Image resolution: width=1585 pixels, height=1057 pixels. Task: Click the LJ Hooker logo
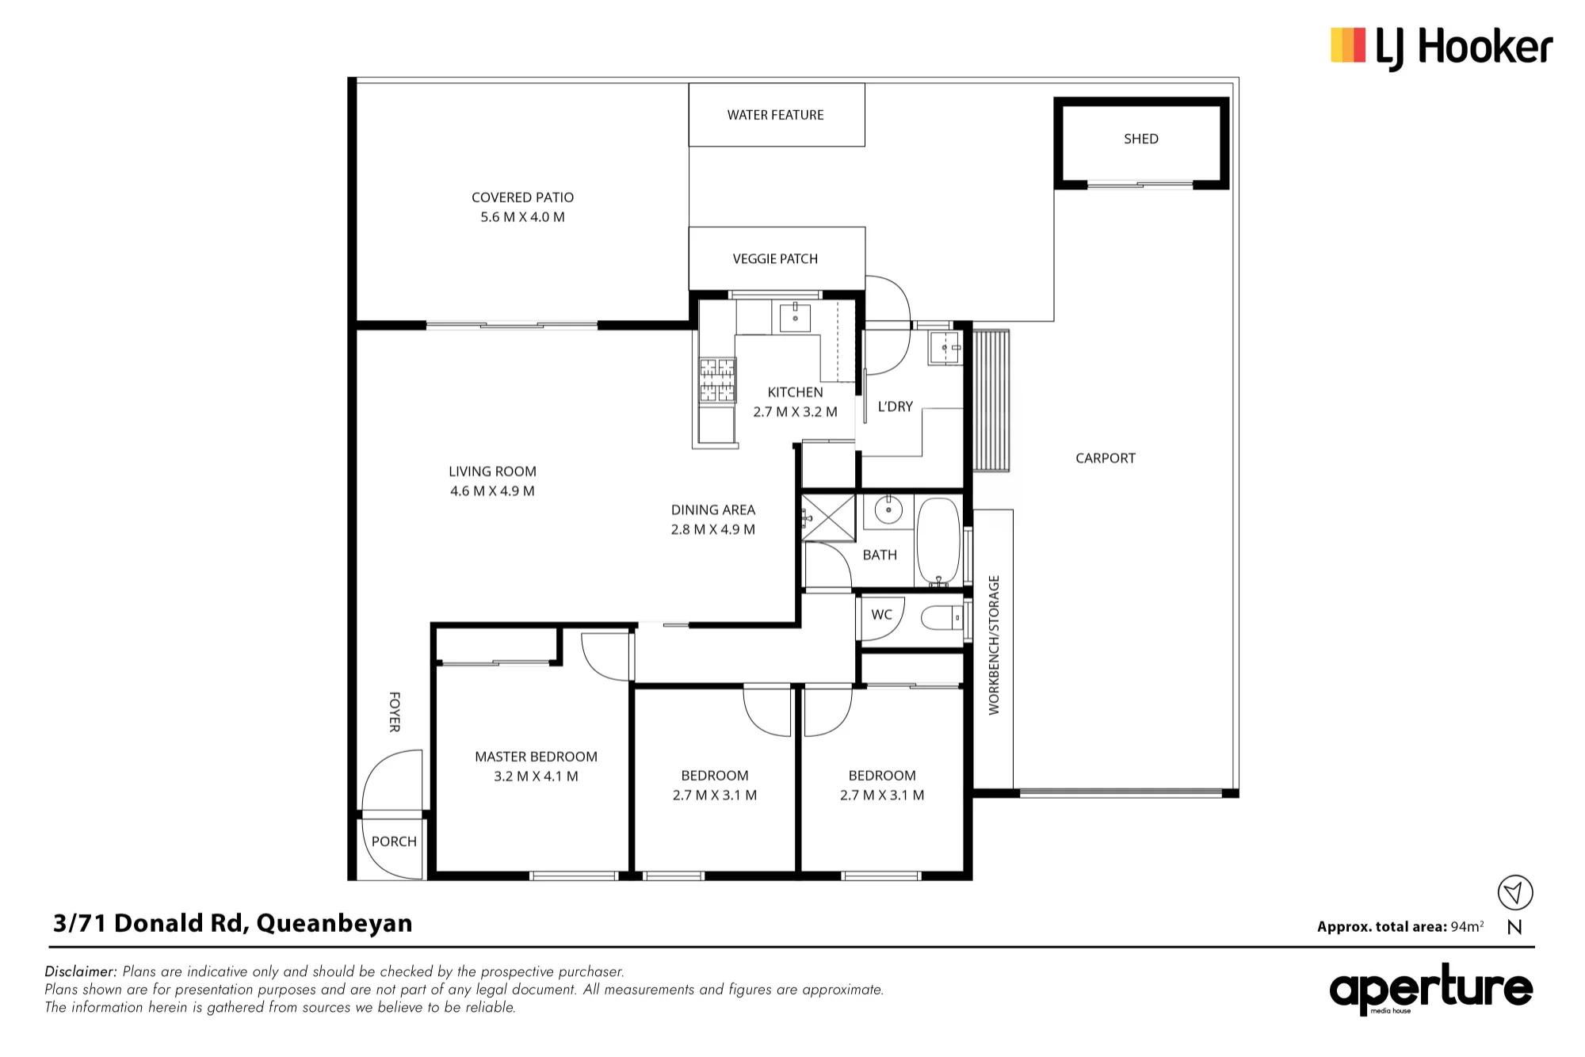pyautogui.click(x=1441, y=47)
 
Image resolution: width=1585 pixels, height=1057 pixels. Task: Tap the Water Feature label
pyautogui.click(x=776, y=115)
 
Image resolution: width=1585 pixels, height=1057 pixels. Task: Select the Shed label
pyautogui.click(x=1141, y=139)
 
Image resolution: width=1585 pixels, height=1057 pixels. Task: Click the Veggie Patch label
pyautogui.click(x=775, y=258)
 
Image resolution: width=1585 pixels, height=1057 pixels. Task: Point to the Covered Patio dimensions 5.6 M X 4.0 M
pyautogui.click(x=522, y=217)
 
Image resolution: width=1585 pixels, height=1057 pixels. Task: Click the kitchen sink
pyautogui.click(x=795, y=318)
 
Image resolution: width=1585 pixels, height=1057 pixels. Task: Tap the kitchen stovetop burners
pyautogui.click(x=716, y=380)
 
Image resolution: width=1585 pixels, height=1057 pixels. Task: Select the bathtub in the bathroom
pyautogui.click(x=938, y=541)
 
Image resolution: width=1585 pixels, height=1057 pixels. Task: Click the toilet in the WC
pyautogui.click(x=942, y=616)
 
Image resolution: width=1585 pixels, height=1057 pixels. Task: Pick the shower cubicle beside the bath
pyautogui.click(x=829, y=517)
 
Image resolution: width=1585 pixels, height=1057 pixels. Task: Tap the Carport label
pyautogui.click(x=1106, y=458)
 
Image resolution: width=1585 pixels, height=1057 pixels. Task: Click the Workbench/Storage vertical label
pyautogui.click(x=994, y=645)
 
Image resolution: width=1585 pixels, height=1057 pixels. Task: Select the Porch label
pyautogui.click(x=394, y=841)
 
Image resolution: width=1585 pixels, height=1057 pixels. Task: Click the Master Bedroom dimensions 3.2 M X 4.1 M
pyautogui.click(x=536, y=777)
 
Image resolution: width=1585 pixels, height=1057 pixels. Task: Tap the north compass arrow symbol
pyautogui.click(x=1515, y=893)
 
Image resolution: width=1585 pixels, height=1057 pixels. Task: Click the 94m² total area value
pyautogui.click(x=1467, y=926)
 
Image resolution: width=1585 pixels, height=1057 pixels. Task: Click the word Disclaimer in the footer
pyautogui.click(x=81, y=971)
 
